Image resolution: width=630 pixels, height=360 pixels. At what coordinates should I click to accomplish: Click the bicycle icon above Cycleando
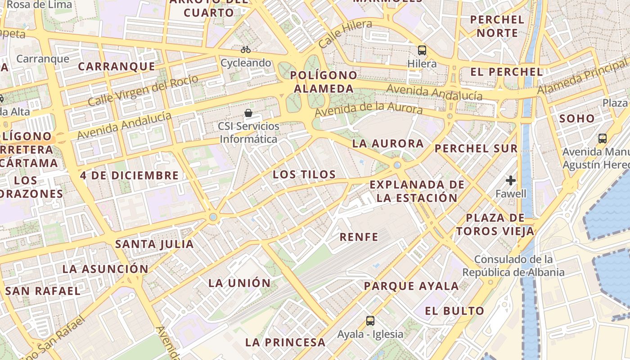(x=246, y=49)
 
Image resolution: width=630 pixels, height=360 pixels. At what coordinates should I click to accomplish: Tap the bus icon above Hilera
(x=422, y=50)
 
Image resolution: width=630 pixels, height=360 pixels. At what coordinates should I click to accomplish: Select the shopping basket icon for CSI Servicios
(x=248, y=112)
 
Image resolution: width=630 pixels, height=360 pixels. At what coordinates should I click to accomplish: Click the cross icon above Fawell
(x=511, y=181)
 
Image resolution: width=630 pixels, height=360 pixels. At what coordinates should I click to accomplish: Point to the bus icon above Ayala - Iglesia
(x=370, y=321)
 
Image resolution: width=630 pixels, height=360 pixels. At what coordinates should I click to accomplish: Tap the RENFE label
(x=359, y=237)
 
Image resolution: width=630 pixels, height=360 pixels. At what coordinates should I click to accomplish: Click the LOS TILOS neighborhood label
(x=305, y=175)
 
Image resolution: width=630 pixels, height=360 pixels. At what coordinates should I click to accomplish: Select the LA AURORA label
(x=388, y=144)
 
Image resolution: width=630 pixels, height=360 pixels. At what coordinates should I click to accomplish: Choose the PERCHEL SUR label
(x=476, y=148)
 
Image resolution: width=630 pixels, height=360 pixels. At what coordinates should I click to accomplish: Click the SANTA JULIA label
(x=154, y=244)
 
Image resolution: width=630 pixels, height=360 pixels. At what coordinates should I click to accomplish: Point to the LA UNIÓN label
(x=239, y=283)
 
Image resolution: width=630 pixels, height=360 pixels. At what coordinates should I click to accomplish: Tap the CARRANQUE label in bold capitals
(x=117, y=67)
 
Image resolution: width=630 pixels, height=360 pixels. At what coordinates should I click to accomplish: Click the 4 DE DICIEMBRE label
(x=130, y=175)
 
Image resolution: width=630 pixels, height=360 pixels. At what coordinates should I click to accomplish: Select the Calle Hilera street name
(x=346, y=33)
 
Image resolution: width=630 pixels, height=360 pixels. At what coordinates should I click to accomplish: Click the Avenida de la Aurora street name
(x=369, y=108)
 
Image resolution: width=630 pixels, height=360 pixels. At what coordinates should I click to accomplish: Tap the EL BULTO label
(x=454, y=311)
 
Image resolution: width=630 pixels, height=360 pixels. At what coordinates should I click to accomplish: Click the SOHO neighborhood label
(x=577, y=119)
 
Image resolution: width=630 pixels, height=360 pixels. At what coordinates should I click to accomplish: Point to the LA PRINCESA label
(x=285, y=342)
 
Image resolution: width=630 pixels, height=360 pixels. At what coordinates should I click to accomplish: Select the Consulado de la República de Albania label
(x=513, y=266)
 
